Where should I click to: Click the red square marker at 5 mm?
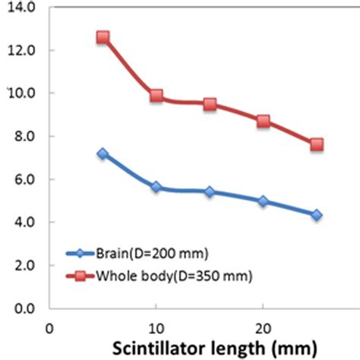[103, 37]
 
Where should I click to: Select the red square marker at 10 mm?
[156, 96]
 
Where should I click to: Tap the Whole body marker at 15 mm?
[210, 104]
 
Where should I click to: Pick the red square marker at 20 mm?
[263, 121]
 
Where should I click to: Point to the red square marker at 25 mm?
[317, 144]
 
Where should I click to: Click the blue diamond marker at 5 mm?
[103, 153]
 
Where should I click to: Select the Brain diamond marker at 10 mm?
[156, 187]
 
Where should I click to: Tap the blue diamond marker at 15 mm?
[210, 192]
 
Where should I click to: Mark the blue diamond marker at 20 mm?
[263, 201]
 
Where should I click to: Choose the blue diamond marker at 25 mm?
[317, 216]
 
